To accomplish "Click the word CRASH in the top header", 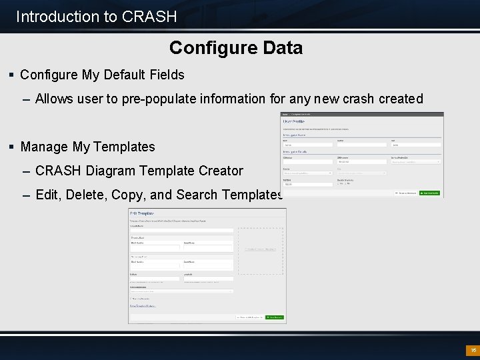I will point(150,17).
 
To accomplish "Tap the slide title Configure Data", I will point(236,48).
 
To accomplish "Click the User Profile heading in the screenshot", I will point(297,121).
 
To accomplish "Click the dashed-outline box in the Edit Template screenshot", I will point(260,249).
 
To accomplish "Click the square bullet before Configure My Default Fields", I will point(13,75).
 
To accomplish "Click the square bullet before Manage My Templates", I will point(13,147).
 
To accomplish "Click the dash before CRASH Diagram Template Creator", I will point(26,171).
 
